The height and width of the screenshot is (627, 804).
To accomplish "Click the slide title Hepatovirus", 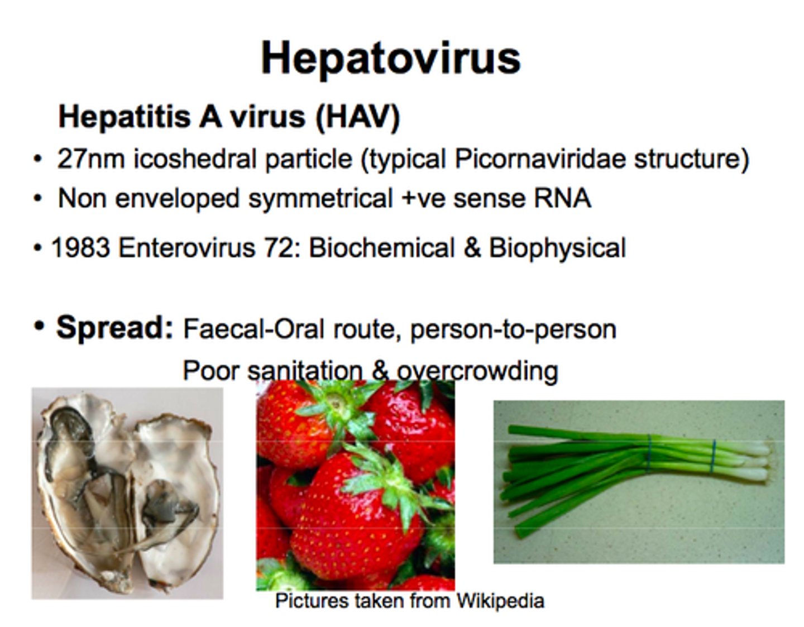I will pos(390,58).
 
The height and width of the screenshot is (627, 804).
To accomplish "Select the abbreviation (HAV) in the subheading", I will pos(357,117).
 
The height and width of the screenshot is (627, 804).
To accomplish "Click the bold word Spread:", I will pos(115,327).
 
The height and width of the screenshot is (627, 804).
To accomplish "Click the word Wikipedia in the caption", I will pos(500,601).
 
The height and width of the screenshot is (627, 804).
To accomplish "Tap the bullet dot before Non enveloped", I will pos(37,199).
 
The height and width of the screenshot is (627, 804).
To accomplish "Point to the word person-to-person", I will pos(513,329).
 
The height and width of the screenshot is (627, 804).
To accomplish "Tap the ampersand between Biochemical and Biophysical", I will pos(472,248).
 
